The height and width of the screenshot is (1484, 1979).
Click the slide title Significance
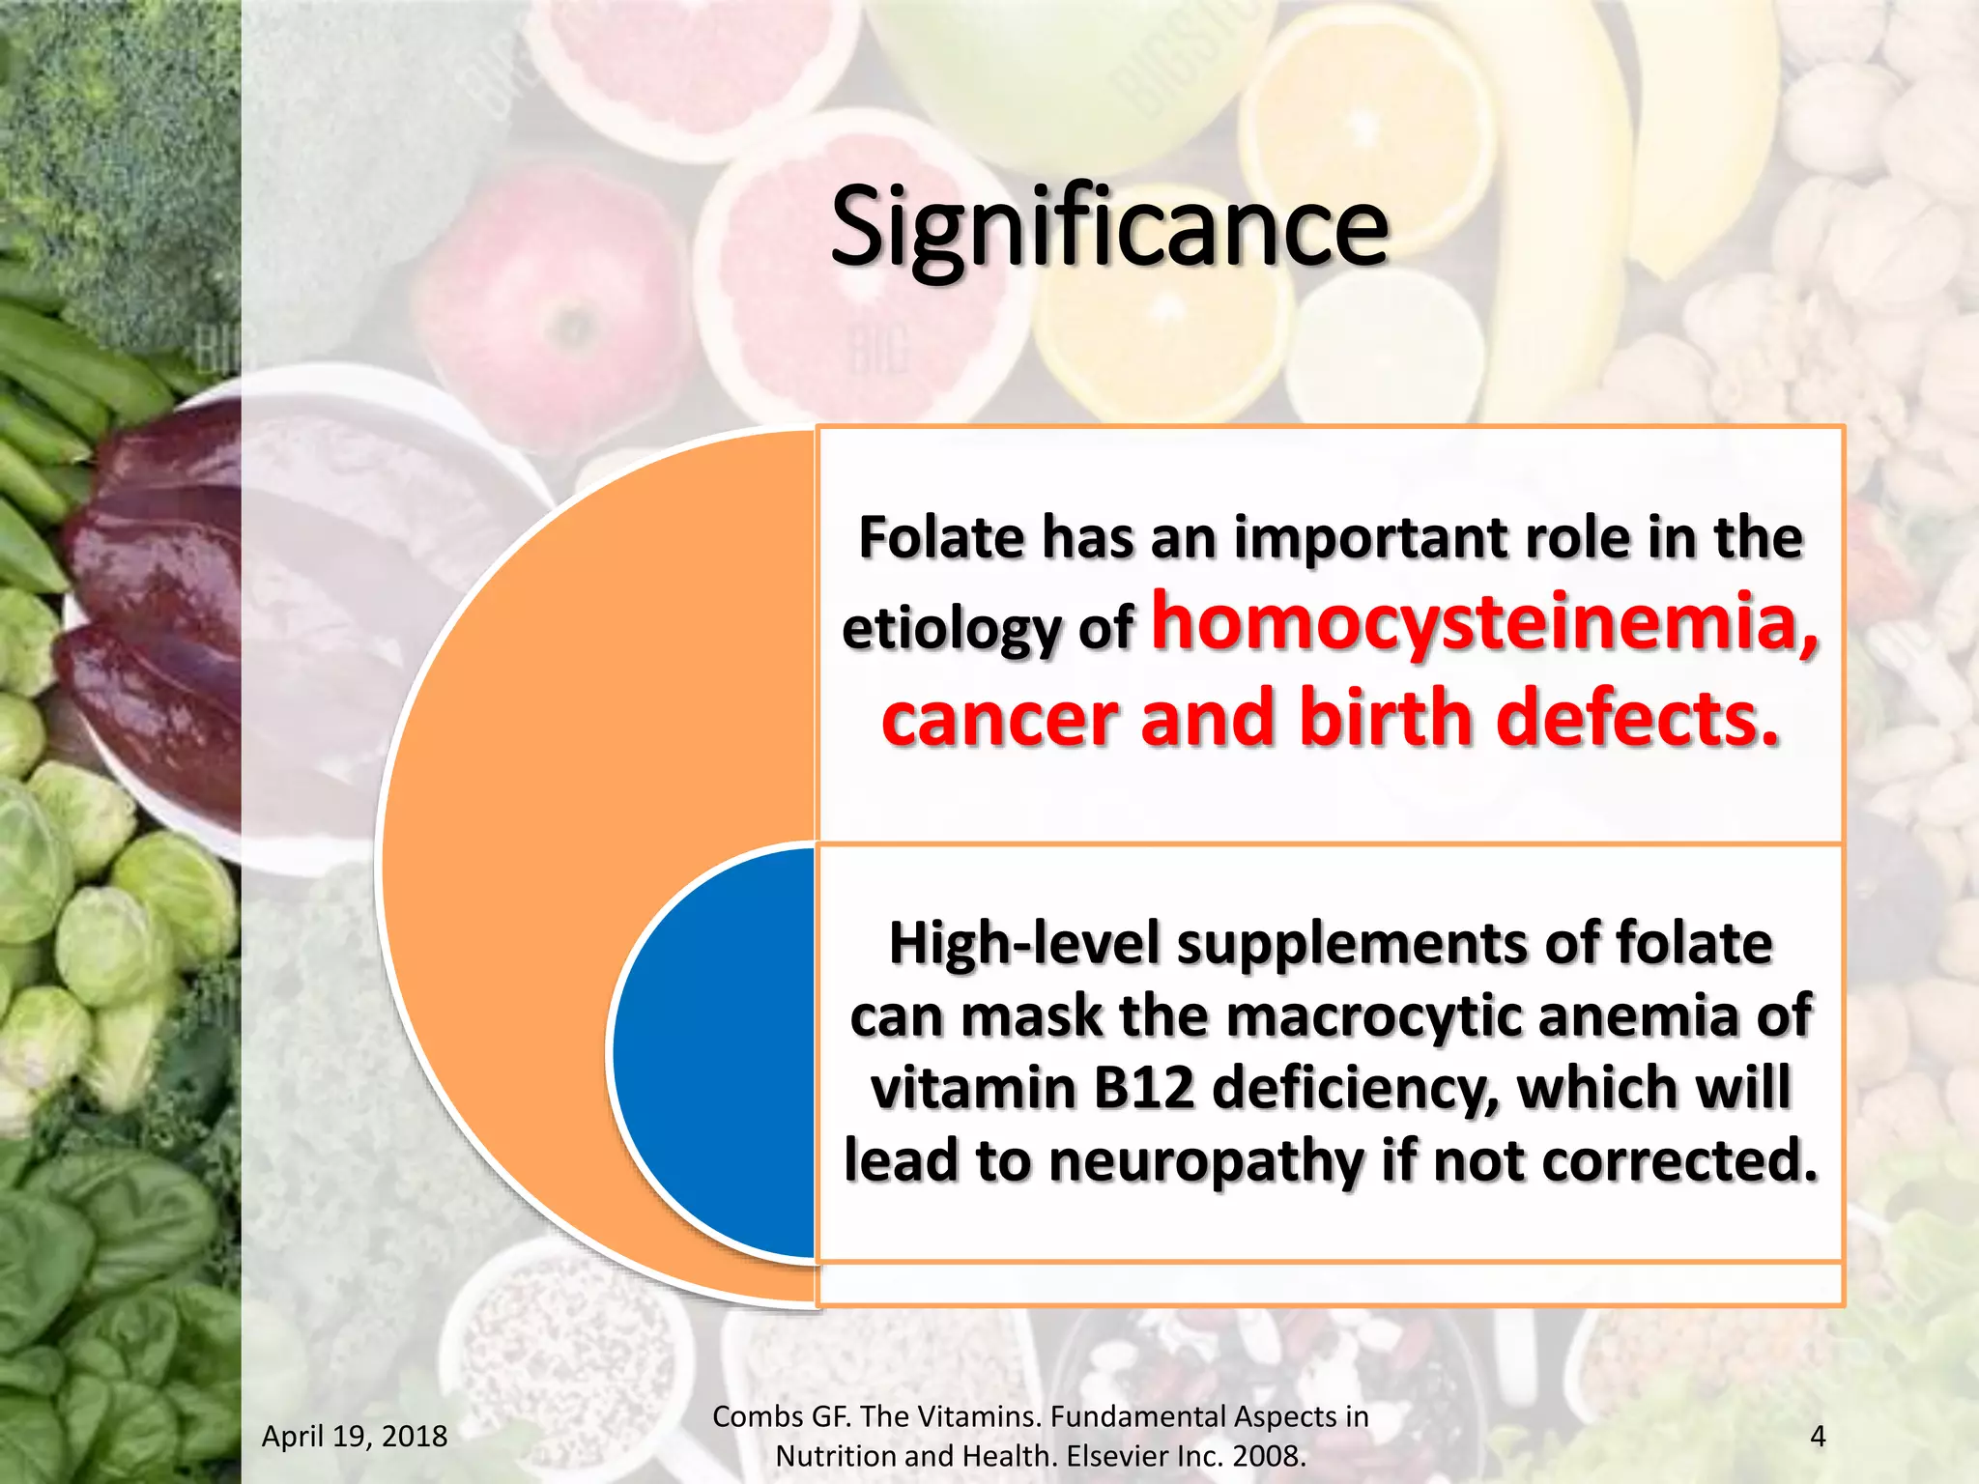1108,228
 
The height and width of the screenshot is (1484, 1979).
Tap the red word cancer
999,718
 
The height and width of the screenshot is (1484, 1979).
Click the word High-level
1022,943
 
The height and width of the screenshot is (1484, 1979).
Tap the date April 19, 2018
355,1437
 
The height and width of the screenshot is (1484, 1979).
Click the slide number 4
1817,1437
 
